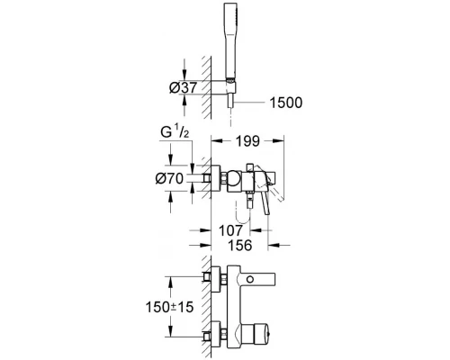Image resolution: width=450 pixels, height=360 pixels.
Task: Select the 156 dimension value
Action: coord(238,244)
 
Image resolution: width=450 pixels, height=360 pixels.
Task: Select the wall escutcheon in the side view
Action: coord(218,178)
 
